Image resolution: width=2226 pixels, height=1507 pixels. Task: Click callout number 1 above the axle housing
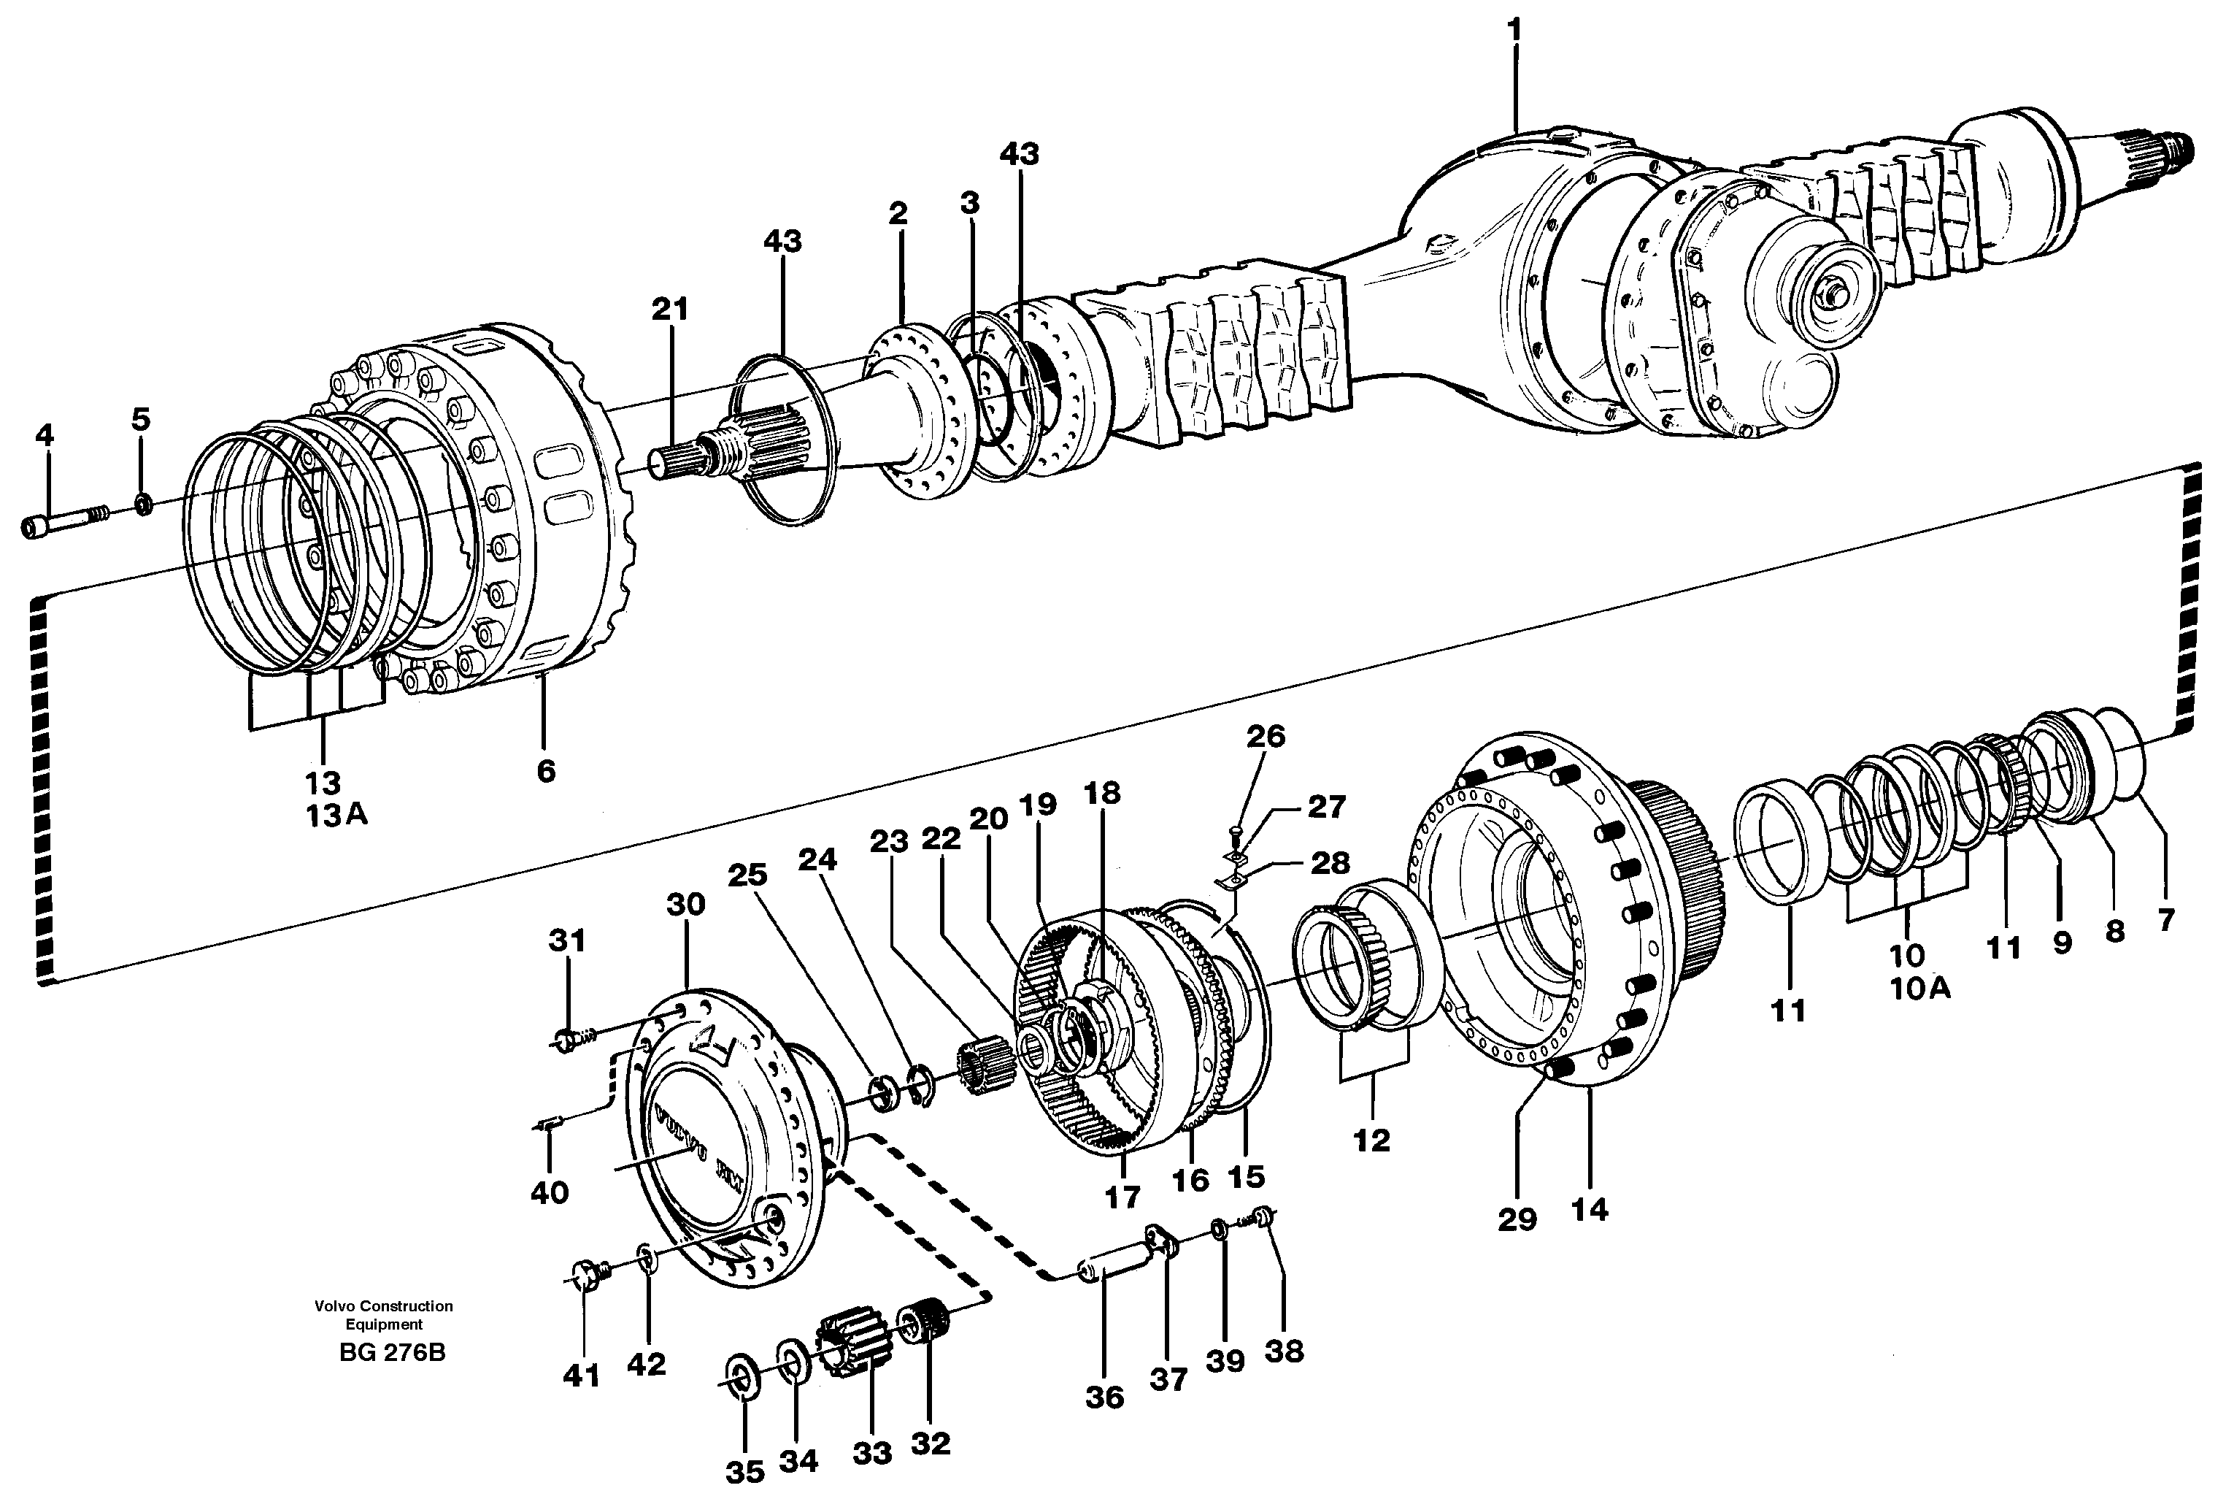tap(1514, 31)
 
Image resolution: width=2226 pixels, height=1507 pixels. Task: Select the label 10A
tap(1919, 989)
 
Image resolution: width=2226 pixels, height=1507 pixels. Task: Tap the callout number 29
tap(1517, 1219)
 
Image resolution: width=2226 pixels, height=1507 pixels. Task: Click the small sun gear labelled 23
tap(979, 1062)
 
